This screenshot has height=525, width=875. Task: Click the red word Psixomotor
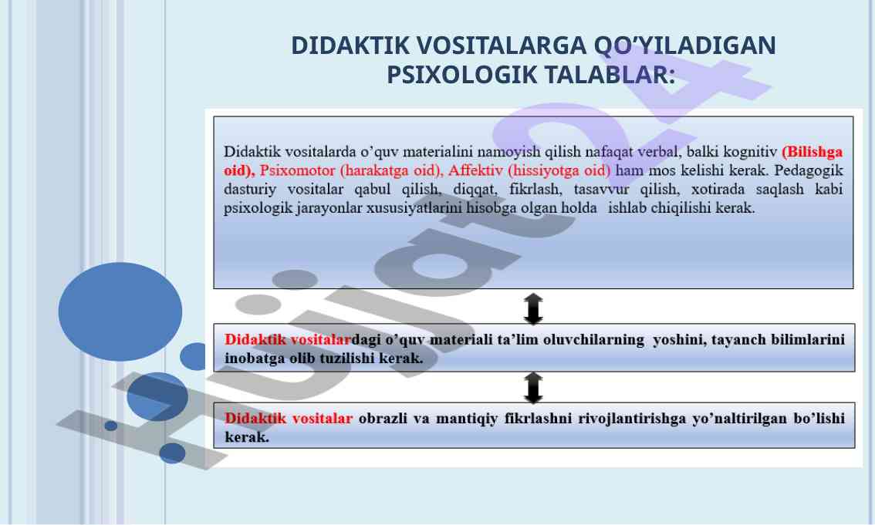click(297, 170)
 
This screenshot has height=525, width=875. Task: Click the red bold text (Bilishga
click(812, 152)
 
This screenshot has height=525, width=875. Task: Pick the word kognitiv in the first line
click(750, 152)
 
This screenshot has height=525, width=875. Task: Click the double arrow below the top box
click(533, 308)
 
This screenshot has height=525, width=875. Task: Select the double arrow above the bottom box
click(533, 387)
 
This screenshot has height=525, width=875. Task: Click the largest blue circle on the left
click(120, 311)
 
